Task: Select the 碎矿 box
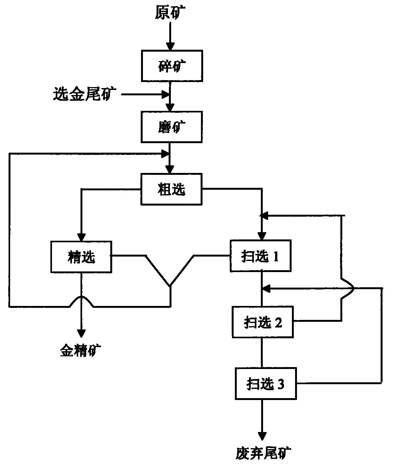click(x=172, y=66)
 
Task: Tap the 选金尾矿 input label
click(x=85, y=94)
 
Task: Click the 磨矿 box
click(x=172, y=127)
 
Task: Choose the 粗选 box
click(x=172, y=189)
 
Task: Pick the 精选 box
click(x=81, y=257)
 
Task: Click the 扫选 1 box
click(x=261, y=256)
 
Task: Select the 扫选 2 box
click(x=262, y=322)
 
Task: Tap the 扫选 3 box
click(x=265, y=384)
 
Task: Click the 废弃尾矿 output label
click(x=263, y=454)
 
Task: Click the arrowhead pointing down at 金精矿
click(x=81, y=334)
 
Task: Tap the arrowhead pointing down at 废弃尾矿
click(x=262, y=436)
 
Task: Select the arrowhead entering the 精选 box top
click(x=81, y=237)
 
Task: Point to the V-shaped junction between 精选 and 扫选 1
click(x=170, y=285)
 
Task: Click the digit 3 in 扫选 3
click(x=281, y=384)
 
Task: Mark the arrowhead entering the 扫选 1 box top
click(x=262, y=236)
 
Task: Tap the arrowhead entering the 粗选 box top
click(x=171, y=169)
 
